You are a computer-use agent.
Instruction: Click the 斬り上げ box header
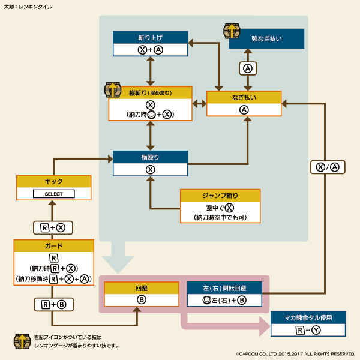tap(150, 37)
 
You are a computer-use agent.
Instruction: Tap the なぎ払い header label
tap(244, 97)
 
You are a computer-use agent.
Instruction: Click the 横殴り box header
tap(150, 157)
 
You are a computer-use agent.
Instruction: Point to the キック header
tap(53, 181)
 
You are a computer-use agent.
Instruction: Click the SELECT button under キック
tap(53, 194)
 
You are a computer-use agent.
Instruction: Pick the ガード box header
tap(53, 245)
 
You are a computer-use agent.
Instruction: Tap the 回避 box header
tap(142, 287)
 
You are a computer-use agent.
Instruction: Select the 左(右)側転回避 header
tap(224, 287)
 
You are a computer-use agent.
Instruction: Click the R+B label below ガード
tap(53, 305)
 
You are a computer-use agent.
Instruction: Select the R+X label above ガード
tap(53, 227)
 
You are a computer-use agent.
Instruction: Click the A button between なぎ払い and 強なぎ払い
tap(247, 68)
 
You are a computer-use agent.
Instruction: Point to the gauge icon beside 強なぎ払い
tap(232, 31)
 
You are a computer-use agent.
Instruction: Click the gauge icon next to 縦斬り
tap(112, 89)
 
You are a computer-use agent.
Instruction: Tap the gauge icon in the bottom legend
tap(22, 341)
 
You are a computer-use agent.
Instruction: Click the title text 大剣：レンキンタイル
tap(28, 7)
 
